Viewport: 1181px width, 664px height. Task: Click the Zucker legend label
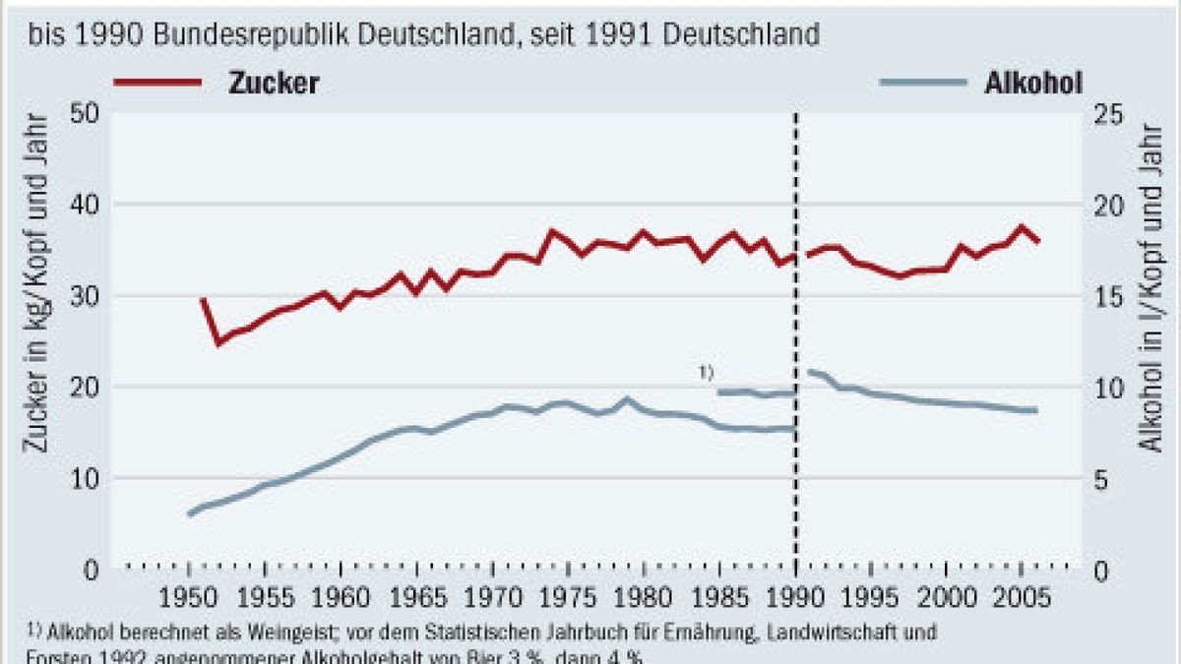click(274, 83)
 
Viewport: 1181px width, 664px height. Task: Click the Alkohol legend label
click(1033, 83)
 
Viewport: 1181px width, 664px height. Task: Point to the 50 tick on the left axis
click(86, 113)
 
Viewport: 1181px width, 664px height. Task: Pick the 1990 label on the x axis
click(795, 598)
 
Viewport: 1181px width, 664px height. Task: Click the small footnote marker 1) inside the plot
click(705, 372)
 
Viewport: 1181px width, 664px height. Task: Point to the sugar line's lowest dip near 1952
click(219, 343)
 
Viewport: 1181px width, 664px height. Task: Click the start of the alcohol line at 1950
click(190, 513)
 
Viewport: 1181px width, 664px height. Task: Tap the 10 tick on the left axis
click(86, 479)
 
